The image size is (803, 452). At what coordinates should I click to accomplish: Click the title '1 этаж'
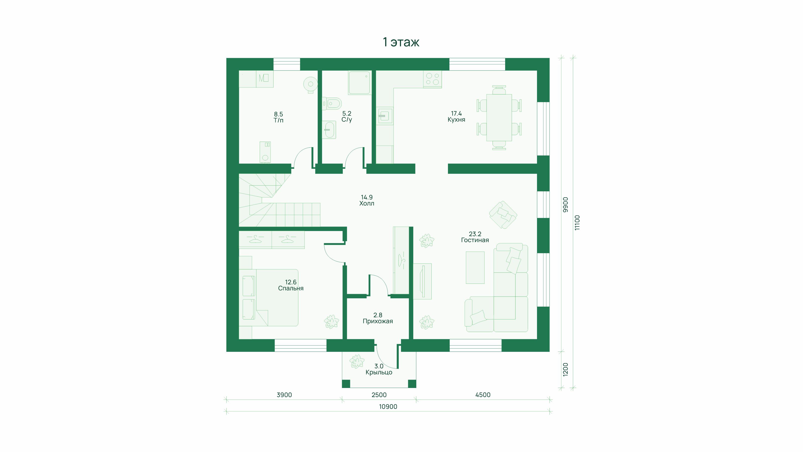point(401,42)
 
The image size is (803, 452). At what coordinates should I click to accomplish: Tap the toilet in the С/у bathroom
point(332,103)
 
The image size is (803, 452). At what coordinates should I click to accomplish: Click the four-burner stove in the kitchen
point(432,79)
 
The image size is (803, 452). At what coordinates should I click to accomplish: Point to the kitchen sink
point(385,116)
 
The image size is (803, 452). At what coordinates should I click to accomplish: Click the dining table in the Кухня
point(499,118)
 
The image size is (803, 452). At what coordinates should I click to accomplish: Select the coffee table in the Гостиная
point(475,268)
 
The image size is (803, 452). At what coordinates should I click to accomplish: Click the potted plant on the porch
point(357,361)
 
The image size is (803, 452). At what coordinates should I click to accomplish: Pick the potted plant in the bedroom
point(331,322)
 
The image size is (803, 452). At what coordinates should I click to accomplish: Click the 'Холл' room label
point(367,203)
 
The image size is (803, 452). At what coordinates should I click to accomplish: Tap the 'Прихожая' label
point(378,321)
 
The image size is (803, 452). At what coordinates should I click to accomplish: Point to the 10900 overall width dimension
point(388,407)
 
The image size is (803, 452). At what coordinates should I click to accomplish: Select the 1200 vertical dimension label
point(565,369)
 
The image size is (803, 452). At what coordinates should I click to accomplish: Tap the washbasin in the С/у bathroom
point(329,130)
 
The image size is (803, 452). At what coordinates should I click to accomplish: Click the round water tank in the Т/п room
point(310,84)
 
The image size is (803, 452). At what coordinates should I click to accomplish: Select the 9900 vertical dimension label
point(565,205)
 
